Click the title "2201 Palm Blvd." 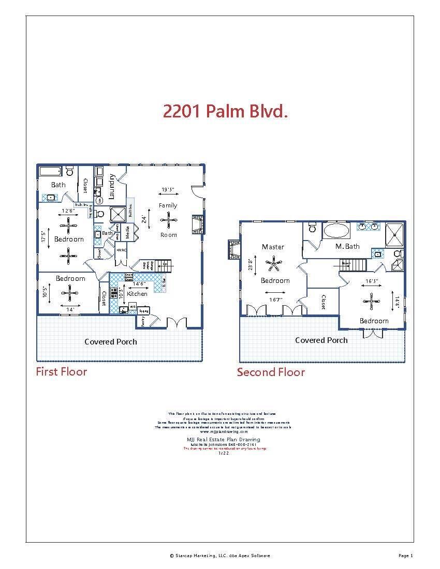(x=225, y=111)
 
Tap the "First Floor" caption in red (x=61, y=371)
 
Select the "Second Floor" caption (x=271, y=372)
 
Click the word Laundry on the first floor (x=112, y=186)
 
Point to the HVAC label (x=121, y=250)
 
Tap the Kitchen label (x=137, y=293)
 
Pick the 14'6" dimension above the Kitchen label (x=139, y=283)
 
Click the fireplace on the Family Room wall (x=197, y=224)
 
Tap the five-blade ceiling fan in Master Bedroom (x=273, y=264)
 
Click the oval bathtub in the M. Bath (x=336, y=231)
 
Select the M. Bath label (x=347, y=246)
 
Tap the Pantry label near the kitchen (x=143, y=321)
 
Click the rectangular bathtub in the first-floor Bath (x=51, y=171)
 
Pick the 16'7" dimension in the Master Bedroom (x=275, y=300)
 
